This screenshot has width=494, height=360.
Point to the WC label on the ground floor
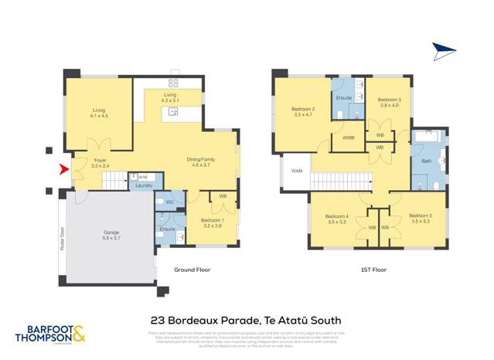tap(169, 202)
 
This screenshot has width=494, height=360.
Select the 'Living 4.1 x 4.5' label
tap(99, 114)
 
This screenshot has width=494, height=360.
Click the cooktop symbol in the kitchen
tap(173, 83)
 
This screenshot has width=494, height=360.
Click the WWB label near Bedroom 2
tap(348, 138)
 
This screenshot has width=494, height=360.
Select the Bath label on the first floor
tap(426, 161)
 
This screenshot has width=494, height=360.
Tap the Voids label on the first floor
tap(297, 172)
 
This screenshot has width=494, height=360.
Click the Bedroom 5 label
tap(421, 218)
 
